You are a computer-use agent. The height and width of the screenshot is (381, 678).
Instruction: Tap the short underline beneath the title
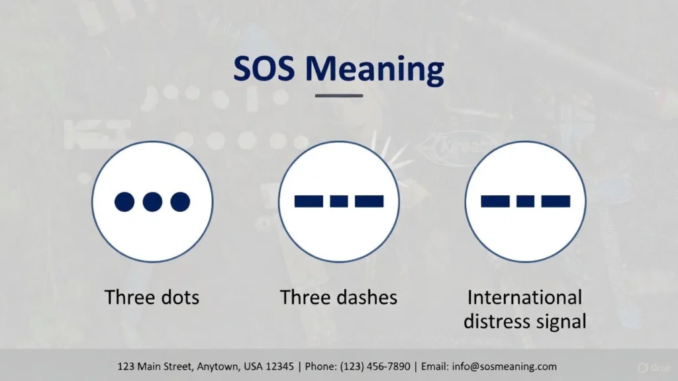339,96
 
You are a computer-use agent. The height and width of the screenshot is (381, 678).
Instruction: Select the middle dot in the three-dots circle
152,202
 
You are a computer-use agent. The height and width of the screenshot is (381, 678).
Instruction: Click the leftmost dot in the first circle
124,202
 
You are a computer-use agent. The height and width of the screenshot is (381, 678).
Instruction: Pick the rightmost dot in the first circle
180,202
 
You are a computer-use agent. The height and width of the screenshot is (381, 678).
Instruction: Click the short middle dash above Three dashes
339,201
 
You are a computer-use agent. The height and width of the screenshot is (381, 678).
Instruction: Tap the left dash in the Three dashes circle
309,201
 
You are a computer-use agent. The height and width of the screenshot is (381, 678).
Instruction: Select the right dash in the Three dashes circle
369,201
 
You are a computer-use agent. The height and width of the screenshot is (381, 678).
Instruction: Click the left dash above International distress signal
495,201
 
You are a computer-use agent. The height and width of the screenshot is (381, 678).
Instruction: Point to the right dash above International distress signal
556,201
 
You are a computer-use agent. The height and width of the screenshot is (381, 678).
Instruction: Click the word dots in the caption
175,297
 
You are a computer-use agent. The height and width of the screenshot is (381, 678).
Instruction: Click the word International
525,297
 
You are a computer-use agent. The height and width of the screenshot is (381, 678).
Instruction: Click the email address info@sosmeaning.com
503,366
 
